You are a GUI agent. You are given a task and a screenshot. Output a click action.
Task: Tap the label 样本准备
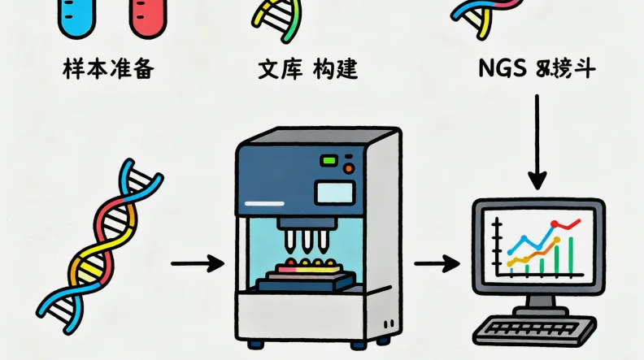(108, 69)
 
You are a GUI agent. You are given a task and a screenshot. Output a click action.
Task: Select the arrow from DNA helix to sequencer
(197, 263)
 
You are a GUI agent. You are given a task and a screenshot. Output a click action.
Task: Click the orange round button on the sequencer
(349, 168)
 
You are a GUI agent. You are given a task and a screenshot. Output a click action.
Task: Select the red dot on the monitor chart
(555, 223)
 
